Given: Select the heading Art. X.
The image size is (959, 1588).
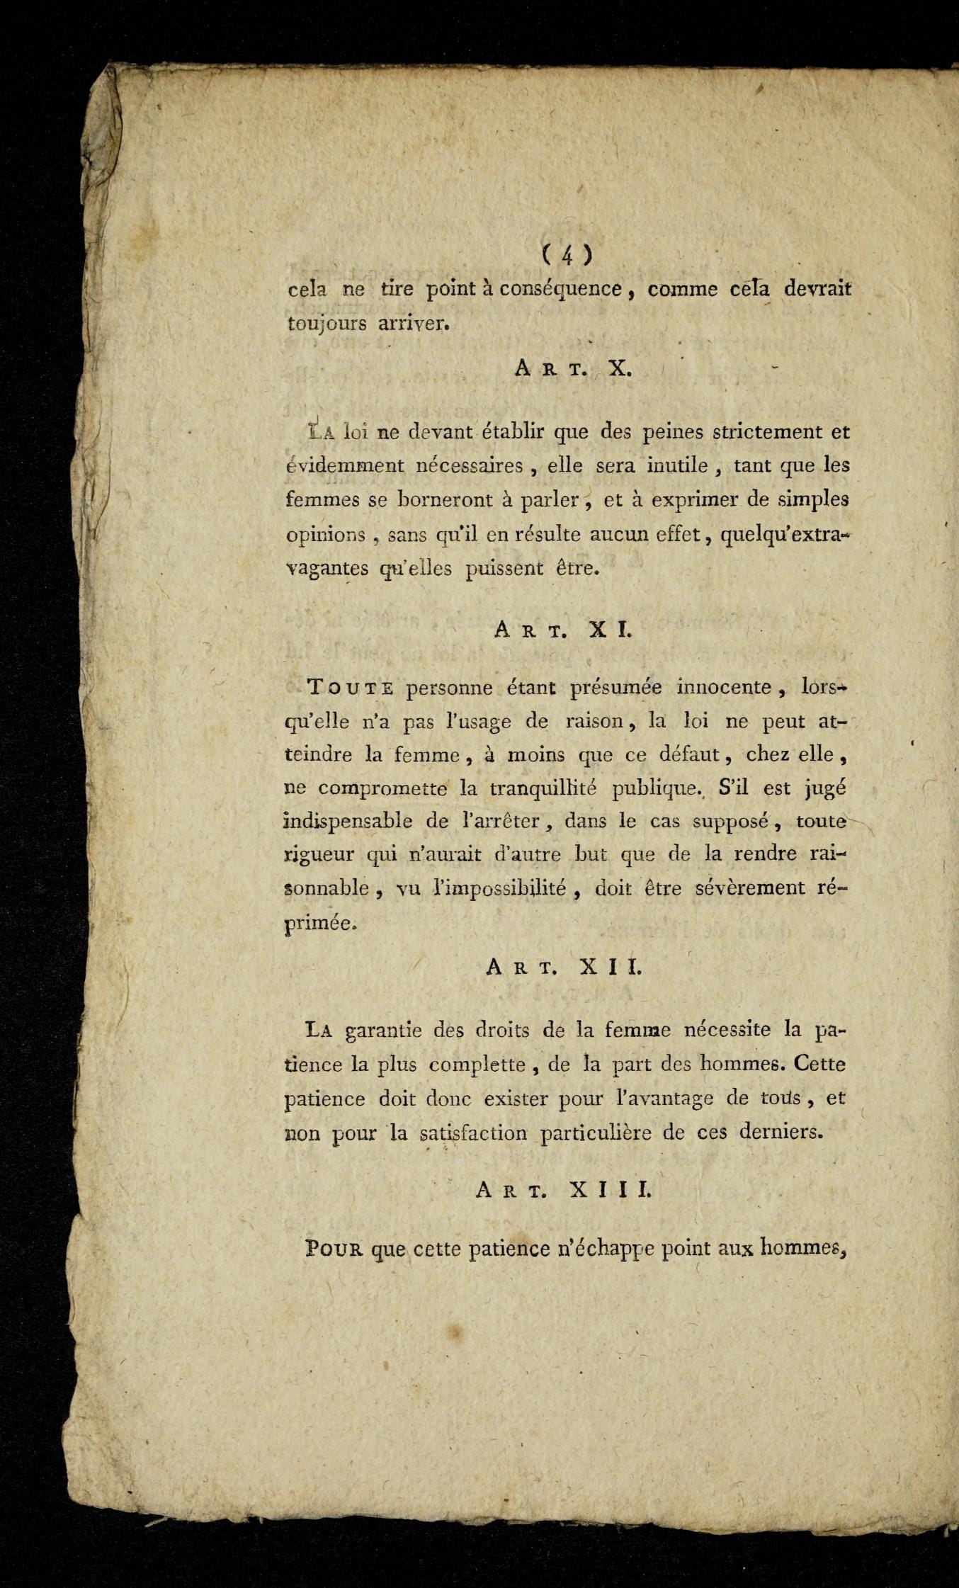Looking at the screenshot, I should (573, 369).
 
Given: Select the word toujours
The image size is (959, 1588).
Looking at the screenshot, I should (327, 325).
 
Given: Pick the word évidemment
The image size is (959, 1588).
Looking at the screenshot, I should (344, 466).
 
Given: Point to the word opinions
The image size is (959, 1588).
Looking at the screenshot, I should (326, 535).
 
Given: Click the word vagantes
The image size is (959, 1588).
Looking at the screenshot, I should (327, 569).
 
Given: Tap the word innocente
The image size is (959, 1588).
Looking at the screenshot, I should (723, 687).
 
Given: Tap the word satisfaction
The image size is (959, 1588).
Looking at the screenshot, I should (472, 1133).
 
